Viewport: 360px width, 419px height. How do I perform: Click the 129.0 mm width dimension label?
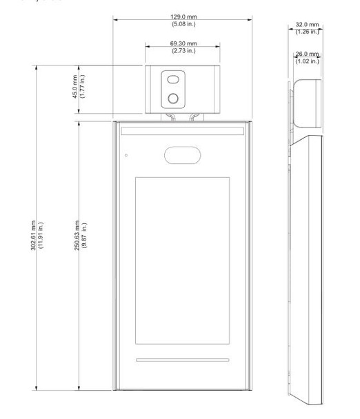click(183, 17)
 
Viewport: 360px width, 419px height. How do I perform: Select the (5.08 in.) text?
click(183, 24)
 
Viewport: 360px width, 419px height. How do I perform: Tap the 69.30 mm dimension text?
click(183, 43)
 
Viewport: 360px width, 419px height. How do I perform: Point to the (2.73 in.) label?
click(183, 51)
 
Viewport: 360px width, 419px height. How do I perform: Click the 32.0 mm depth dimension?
click(307, 25)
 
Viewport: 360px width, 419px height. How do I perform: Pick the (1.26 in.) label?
click(307, 32)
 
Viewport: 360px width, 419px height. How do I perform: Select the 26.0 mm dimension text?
click(307, 54)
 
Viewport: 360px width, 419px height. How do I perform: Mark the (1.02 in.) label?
click(307, 61)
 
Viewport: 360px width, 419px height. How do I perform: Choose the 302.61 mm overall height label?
click(33, 236)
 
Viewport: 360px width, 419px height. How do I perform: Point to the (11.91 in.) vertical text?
click(41, 236)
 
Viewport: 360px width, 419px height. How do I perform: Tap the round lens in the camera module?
click(173, 99)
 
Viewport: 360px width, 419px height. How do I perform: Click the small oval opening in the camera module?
click(173, 80)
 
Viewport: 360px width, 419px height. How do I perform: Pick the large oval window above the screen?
click(183, 155)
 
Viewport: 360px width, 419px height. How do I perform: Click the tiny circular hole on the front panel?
click(126, 155)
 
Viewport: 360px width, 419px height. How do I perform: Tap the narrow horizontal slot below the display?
click(182, 360)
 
